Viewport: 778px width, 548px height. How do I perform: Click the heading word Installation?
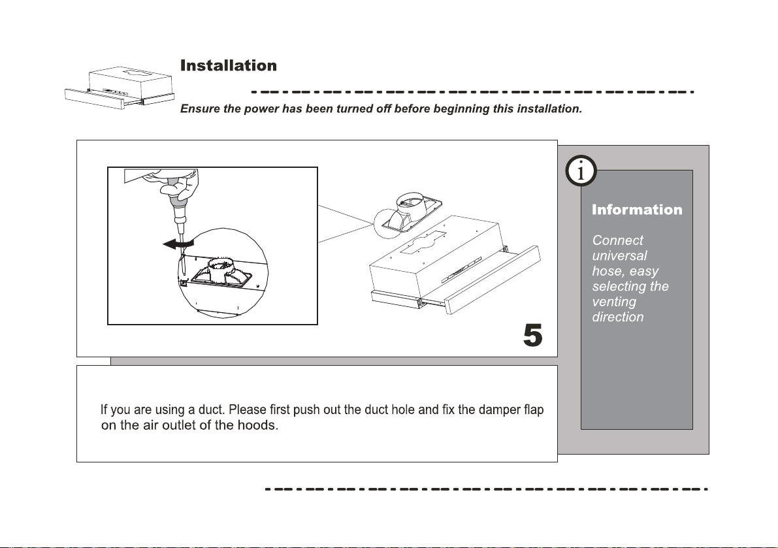pos(228,66)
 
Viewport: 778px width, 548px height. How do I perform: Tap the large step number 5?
pos(533,336)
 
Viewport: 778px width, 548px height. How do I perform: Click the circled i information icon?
pos(581,172)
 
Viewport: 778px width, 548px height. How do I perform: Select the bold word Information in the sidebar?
pos(637,210)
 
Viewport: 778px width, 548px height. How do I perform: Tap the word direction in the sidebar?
pos(617,317)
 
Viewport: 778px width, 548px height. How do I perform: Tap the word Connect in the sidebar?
pos(617,240)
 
